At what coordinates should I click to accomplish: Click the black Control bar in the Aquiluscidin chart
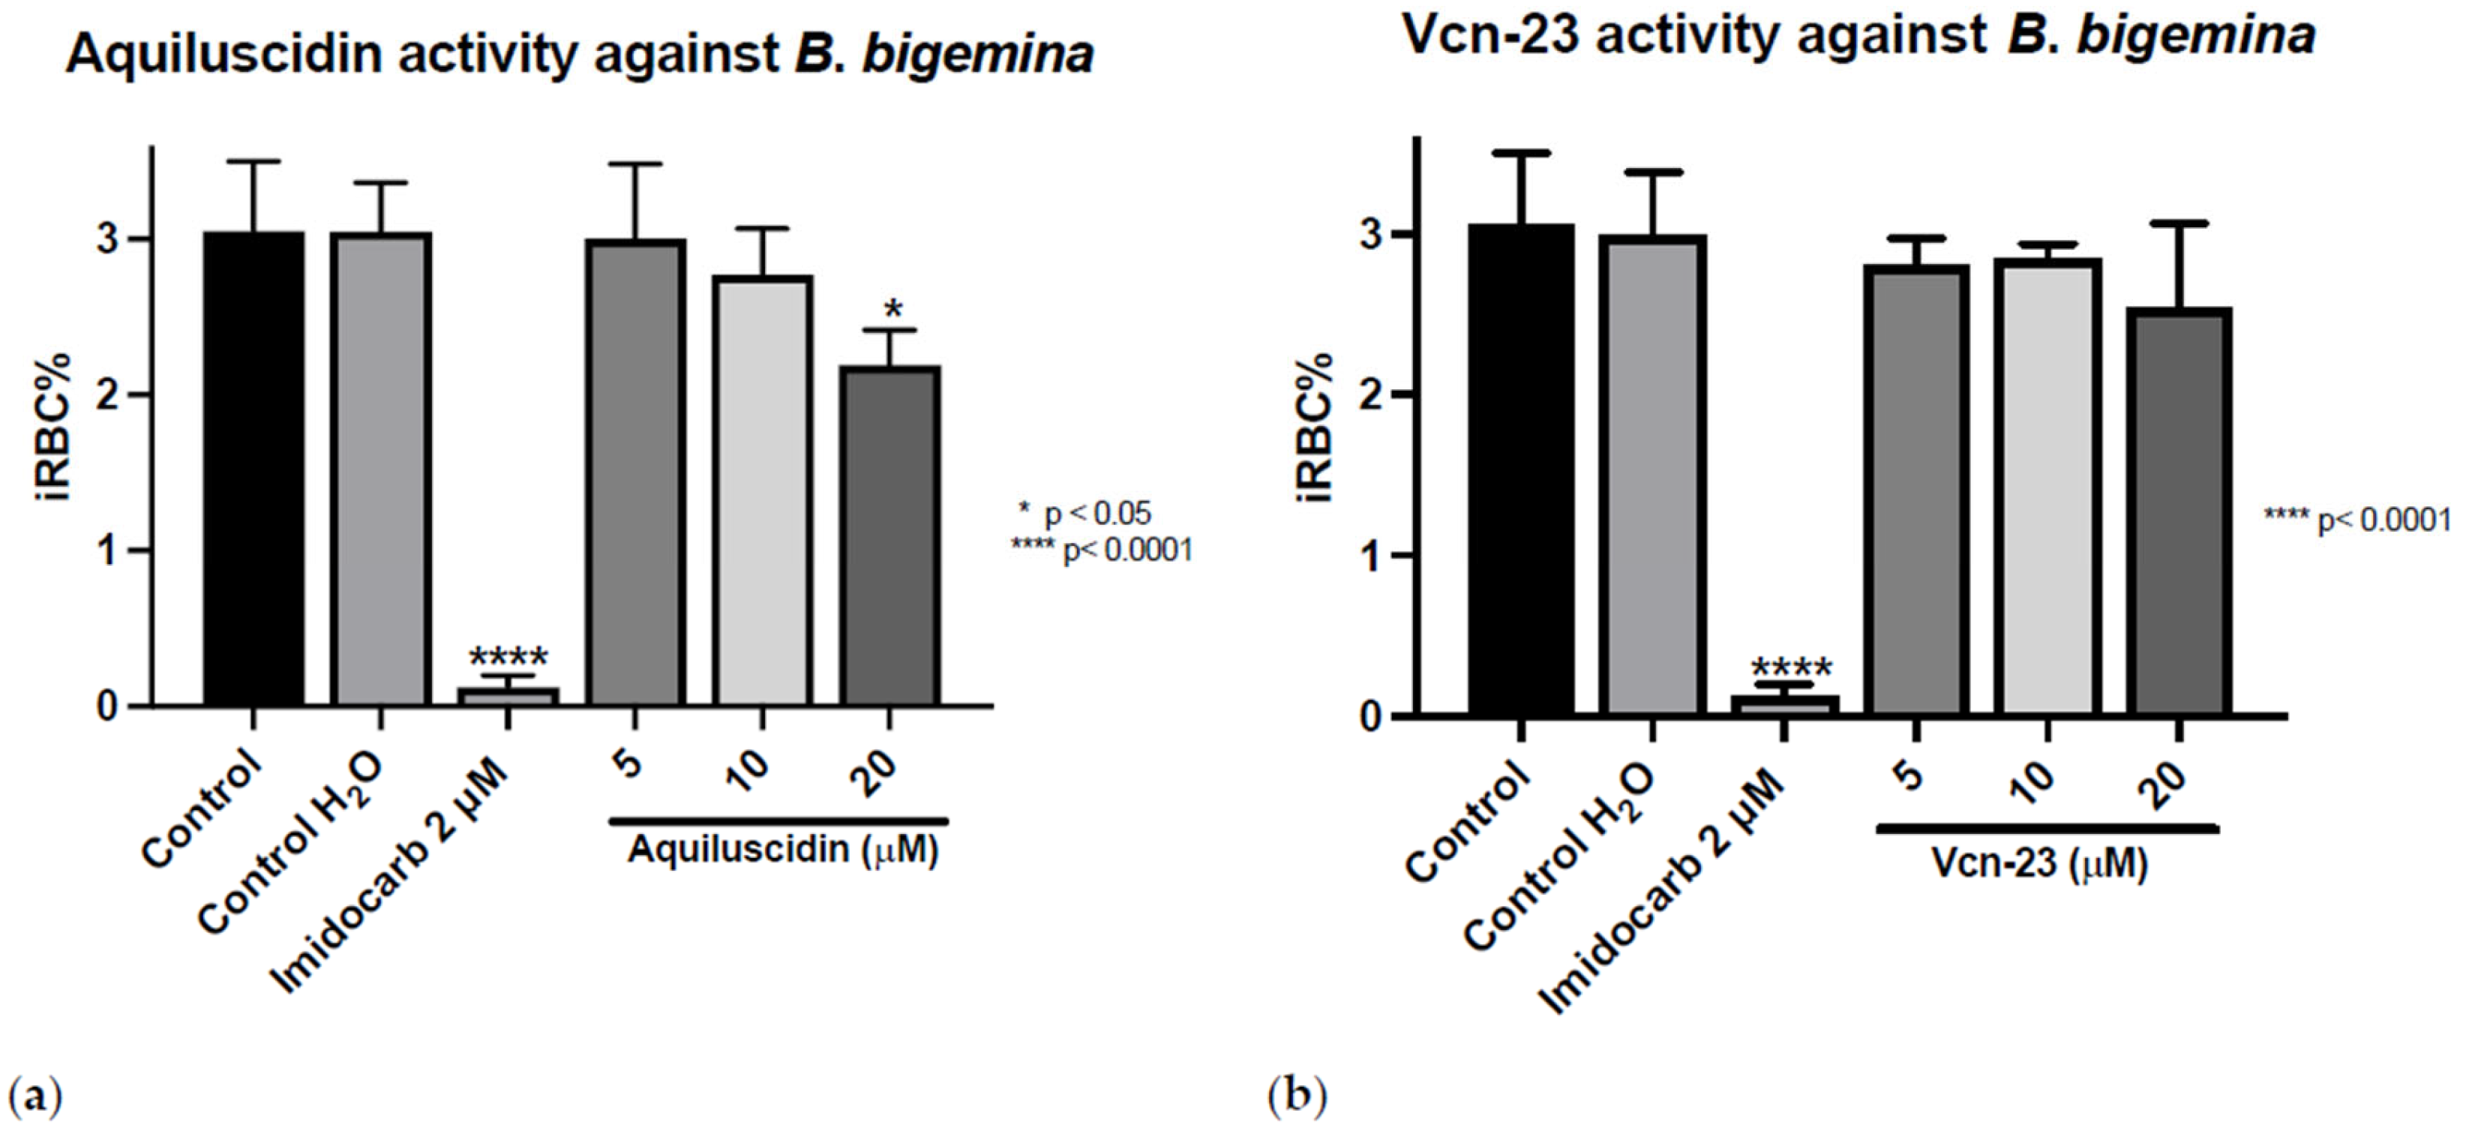pos(253,469)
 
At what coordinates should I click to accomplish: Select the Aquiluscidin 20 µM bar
pos(889,536)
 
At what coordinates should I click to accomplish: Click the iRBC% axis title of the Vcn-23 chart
pos(1316,427)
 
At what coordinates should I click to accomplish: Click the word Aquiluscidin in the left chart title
pos(224,55)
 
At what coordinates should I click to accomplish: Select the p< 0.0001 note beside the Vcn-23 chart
pos(2356,520)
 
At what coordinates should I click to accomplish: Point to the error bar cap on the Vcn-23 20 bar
pos(2178,223)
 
